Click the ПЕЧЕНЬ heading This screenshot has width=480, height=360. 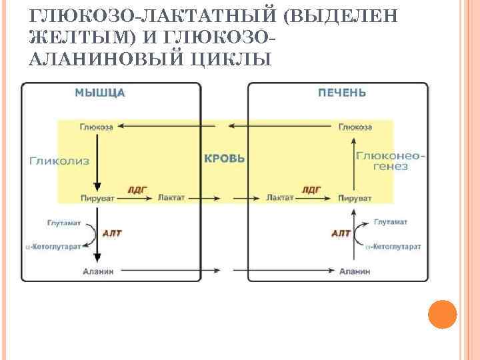point(341,93)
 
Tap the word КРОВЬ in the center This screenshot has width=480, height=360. point(225,159)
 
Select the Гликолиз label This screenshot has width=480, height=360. point(60,160)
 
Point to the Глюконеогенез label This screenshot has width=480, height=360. point(390,160)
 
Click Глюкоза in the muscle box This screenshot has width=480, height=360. point(97,127)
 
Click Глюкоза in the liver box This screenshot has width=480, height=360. point(355,127)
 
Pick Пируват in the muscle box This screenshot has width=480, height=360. point(97,198)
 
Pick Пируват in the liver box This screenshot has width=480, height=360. point(355,198)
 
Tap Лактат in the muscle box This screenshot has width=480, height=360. point(171,198)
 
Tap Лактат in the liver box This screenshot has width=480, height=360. point(279,198)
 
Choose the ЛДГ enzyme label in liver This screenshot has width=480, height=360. point(311,190)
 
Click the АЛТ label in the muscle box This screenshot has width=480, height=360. point(112,233)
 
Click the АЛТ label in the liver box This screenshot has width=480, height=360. point(341,233)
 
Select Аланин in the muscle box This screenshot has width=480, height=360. point(98,271)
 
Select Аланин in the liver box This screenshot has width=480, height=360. point(355,271)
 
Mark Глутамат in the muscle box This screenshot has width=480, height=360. point(63,222)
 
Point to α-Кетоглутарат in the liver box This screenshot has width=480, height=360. point(393,247)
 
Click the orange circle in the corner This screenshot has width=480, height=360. point(441,314)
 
